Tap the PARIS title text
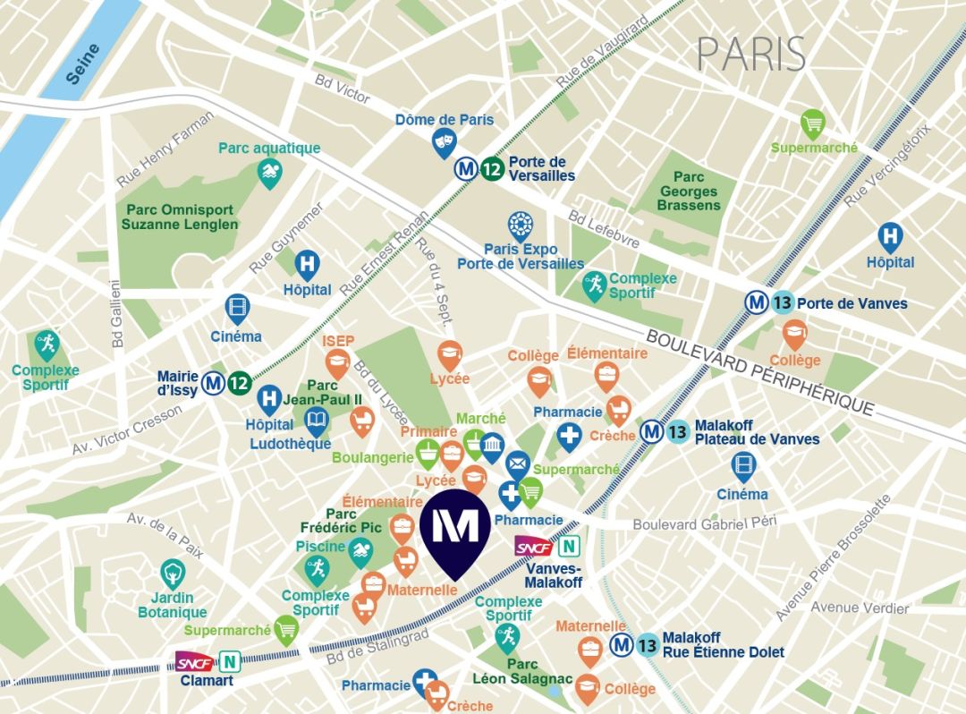point(751,55)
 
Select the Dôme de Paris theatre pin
point(444,141)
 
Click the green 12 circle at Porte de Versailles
point(491,168)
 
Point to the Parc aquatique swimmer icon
point(269,172)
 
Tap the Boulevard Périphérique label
point(759,372)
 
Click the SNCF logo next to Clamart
point(194,662)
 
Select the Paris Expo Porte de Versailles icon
point(521,225)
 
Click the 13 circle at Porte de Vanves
point(783,302)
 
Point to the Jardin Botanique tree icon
point(172,573)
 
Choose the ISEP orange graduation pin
point(338,362)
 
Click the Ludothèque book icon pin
point(317,420)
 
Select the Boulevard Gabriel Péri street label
point(705,523)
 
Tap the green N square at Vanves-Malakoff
point(568,546)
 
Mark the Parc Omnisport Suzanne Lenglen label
point(180,217)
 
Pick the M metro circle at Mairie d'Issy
point(213,383)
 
